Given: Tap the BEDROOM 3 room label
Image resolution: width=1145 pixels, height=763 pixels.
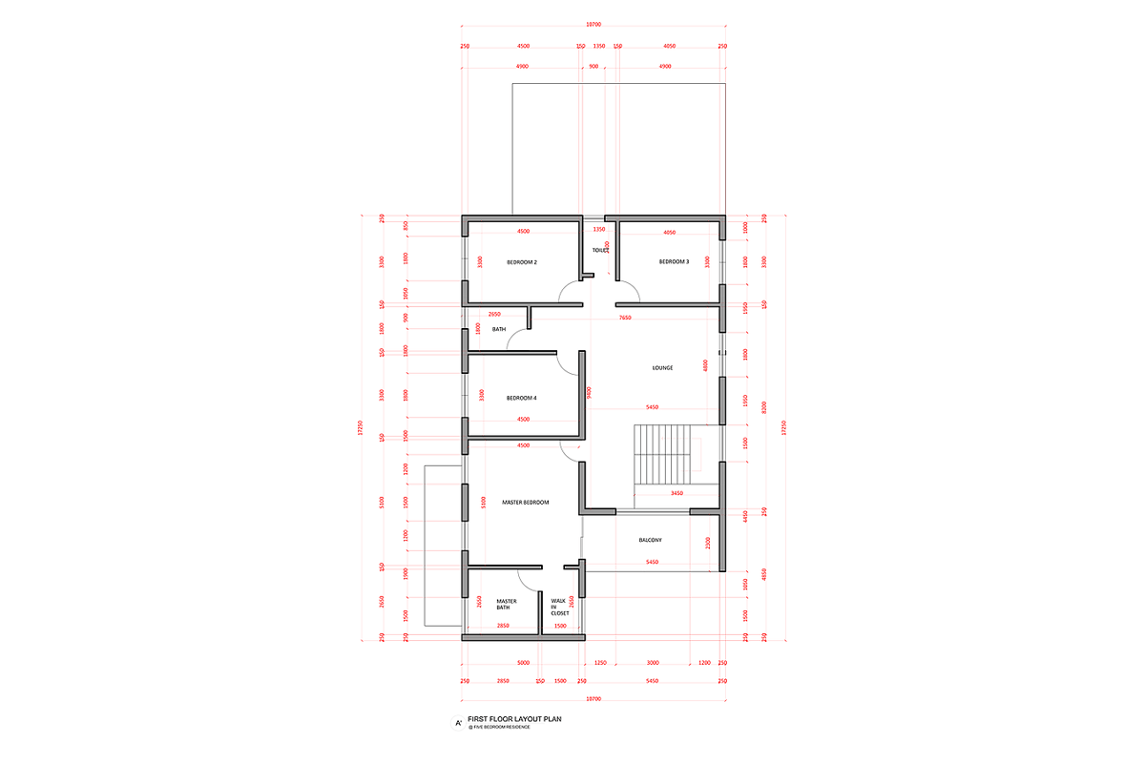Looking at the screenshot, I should tap(674, 261).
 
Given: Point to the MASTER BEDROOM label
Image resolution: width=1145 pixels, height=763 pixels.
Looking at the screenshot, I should tap(525, 503).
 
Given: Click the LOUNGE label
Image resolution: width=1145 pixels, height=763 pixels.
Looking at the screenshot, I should tap(662, 367).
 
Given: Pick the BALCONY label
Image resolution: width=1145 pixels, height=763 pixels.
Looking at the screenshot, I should tap(651, 541).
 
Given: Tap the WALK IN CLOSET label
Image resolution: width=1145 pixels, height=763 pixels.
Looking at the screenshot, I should tap(559, 608).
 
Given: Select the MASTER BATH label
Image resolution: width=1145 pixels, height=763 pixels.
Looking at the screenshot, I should tap(507, 605).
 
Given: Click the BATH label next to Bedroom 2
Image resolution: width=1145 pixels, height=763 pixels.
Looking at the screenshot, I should tap(499, 330).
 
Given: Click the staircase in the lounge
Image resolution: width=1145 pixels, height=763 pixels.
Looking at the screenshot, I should tap(662, 455).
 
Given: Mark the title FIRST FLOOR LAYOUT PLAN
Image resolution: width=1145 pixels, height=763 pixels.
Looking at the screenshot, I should tap(522, 720).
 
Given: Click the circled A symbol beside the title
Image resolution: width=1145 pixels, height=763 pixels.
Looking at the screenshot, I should tap(459, 724).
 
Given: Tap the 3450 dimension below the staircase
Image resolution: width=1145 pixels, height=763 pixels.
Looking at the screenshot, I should tap(677, 493).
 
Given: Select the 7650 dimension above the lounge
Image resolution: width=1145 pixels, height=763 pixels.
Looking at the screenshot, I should tap(624, 318).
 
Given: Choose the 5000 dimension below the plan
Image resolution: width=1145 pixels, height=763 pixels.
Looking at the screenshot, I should tap(523, 662).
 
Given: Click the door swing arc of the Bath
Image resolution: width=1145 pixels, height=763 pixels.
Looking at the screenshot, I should tap(516, 339).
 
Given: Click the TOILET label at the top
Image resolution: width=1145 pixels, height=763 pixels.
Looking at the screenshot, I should tap(600, 251).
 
